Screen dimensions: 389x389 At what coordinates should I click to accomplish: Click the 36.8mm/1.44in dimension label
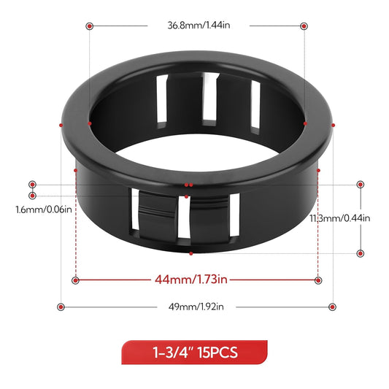(x=194, y=25)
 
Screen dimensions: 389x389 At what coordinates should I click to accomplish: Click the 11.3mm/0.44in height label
(x=339, y=217)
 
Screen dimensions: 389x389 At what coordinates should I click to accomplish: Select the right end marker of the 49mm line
(x=332, y=307)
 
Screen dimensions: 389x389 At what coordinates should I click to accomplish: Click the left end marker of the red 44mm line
(x=76, y=280)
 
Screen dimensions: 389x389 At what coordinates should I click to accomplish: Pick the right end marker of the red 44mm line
(x=317, y=280)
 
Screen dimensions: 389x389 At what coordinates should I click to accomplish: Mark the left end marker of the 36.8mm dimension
(x=89, y=26)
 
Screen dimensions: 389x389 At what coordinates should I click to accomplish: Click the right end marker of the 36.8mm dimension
(x=304, y=26)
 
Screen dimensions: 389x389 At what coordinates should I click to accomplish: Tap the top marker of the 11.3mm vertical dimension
(x=361, y=185)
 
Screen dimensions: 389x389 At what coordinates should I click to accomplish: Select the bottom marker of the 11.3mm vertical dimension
(x=361, y=253)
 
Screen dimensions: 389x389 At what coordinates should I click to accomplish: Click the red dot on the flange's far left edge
(x=61, y=125)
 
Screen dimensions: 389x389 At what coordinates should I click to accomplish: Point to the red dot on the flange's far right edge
(x=333, y=125)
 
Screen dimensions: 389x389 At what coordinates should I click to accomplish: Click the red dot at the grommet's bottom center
(x=190, y=253)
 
